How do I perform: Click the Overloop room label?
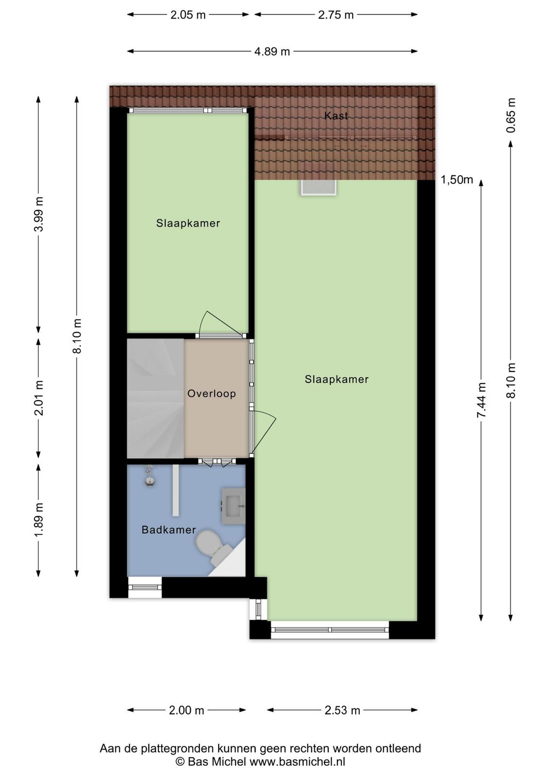click(x=211, y=393)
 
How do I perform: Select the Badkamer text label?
click(x=169, y=530)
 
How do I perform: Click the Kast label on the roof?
click(x=336, y=116)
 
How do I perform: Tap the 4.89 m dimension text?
click(x=272, y=51)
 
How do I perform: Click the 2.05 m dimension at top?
click(x=188, y=15)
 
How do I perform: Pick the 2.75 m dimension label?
click(x=336, y=15)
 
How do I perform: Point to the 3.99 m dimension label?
click(x=40, y=214)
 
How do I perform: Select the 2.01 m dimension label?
click(x=40, y=397)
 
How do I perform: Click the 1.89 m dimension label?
click(x=40, y=519)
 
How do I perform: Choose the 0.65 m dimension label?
click(x=511, y=115)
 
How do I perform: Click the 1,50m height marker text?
click(x=457, y=179)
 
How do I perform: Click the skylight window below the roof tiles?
click(x=319, y=187)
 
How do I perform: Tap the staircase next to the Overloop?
click(x=156, y=398)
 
